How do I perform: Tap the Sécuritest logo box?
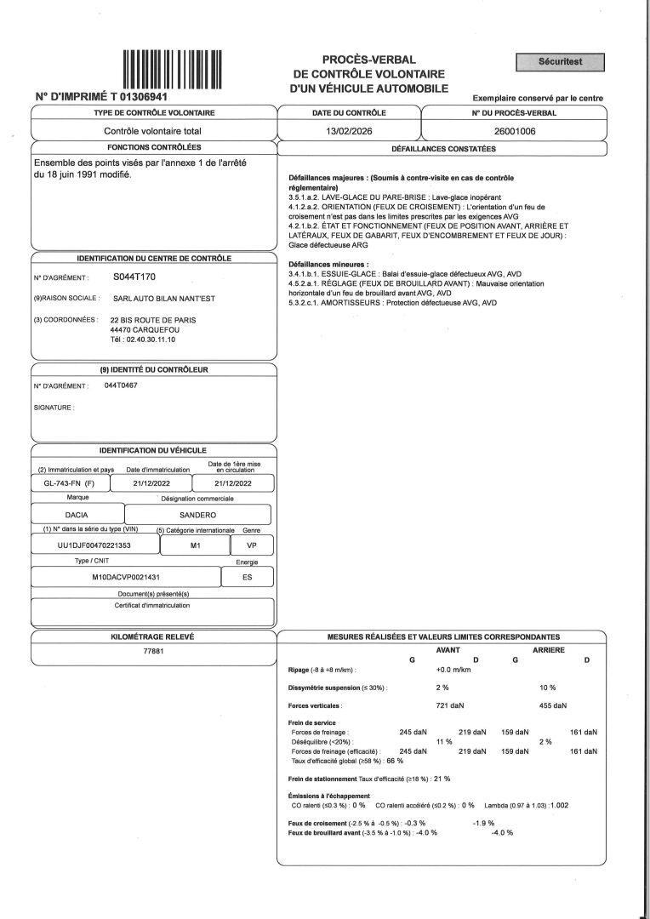(x=561, y=61)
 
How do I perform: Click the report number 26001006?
(x=514, y=131)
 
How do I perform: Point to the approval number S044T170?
(x=134, y=277)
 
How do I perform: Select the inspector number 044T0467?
(x=122, y=385)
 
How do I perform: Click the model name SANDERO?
(x=197, y=515)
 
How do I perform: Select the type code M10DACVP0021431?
(x=126, y=576)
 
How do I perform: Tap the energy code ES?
(x=247, y=576)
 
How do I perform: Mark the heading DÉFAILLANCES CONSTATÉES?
(x=442, y=149)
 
